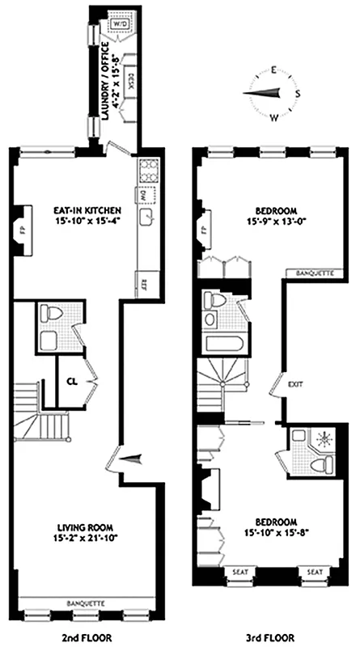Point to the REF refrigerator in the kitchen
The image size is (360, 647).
click(144, 283)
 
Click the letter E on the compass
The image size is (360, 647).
click(275, 70)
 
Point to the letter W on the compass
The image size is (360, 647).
click(273, 118)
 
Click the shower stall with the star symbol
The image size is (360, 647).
click(322, 441)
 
